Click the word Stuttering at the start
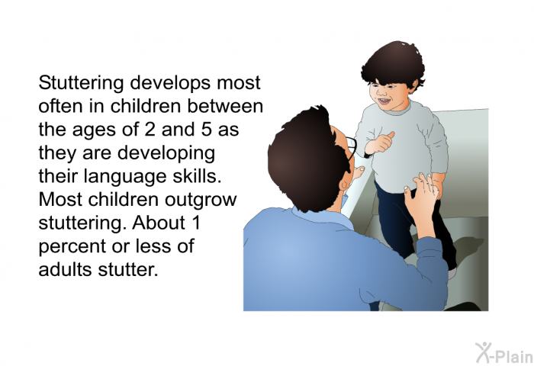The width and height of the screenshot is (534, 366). (x=81, y=83)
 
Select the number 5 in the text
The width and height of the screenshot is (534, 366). (x=207, y=130)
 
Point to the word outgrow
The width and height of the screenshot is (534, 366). (x=201, y=201)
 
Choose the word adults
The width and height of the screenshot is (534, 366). (x=66, y=269)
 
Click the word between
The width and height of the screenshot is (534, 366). (x=225, y=106)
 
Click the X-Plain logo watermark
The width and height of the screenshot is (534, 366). (x=503, y=353)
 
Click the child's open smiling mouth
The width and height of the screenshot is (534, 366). (x=384, y=101)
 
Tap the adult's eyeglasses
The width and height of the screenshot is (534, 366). (x=352, y=149)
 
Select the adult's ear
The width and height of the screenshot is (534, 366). (x=343, y=185)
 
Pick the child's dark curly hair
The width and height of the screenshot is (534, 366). (x=394, y=63)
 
